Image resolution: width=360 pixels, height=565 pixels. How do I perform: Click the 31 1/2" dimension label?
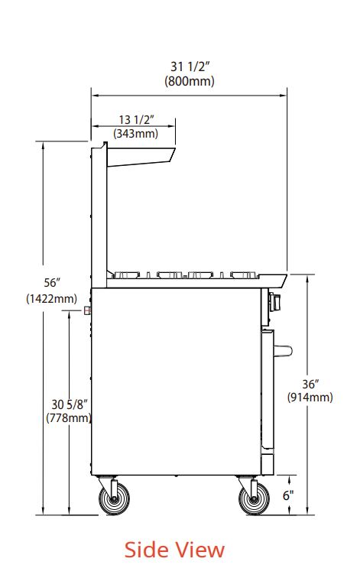click(x=190, y=67)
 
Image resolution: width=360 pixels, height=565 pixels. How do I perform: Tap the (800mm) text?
click(x=190, y=81)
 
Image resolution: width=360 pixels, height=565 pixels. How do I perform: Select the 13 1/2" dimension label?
click(x=137, y=119)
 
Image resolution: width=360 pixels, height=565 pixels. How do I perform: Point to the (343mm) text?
click(x=136, y=133)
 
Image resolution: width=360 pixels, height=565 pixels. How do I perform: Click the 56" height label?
click(x=52, y=283)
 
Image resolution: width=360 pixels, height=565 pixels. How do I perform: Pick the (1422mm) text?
click(x=51, y=298)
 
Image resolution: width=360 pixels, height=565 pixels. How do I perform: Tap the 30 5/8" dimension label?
click(x=70, y=404)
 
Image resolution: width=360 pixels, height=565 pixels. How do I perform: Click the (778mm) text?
click(x=69, y=418)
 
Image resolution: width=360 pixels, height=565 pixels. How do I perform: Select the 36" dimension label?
click(x=310, y=384)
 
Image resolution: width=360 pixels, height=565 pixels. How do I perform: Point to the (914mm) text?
click(x=310, y=397)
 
